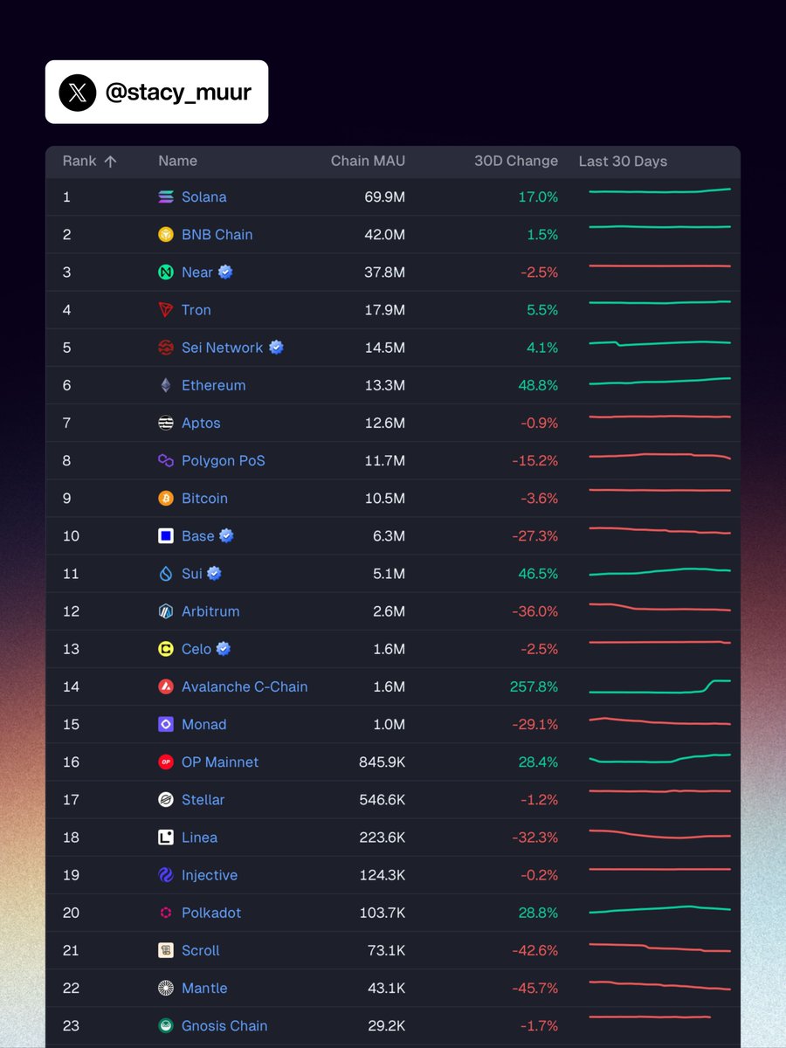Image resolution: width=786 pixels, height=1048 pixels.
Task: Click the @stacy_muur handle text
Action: click(x=178, y=93)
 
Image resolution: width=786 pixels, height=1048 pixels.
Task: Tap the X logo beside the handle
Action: click(x=78, y=93)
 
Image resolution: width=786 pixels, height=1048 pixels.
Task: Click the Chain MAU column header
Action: click(x=368, y=161)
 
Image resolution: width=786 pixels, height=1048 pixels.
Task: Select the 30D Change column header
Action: click(x=515, y=161)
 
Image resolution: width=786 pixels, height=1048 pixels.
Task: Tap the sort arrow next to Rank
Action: click(x=110, y=161)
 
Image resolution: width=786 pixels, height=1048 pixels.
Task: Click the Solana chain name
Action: click(x=203, y=197)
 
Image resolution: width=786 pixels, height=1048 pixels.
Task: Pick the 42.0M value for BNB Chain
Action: click(x=384, y=235)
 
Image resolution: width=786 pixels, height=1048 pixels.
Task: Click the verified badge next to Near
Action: click(x=225, y=272)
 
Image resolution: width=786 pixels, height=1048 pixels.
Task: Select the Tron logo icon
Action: click(x=166, y=310)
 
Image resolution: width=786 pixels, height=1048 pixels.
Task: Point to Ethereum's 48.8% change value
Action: click(x=538, y=385)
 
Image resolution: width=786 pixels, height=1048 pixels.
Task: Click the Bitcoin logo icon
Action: click(x=166, y=499)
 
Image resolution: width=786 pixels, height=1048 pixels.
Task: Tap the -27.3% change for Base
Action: click(x=534, y=536)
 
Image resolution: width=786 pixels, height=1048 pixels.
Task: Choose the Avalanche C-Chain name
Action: click(x=245, y=687)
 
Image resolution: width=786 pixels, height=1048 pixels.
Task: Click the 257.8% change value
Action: click(x=534, y=687)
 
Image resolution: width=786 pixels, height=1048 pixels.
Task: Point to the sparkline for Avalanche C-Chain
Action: click(x=659, y=687)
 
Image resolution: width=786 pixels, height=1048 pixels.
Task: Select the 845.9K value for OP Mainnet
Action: click(x=382, y=762)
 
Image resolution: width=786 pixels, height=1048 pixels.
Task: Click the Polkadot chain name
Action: click(x=211, y=914)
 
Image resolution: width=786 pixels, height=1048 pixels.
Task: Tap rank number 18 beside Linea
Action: click(x=71, y=838)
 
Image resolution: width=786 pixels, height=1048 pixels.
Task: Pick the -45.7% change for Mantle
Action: click(x=534, y=989)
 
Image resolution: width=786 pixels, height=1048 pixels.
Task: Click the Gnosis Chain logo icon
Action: click(x=166, y=1026)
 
